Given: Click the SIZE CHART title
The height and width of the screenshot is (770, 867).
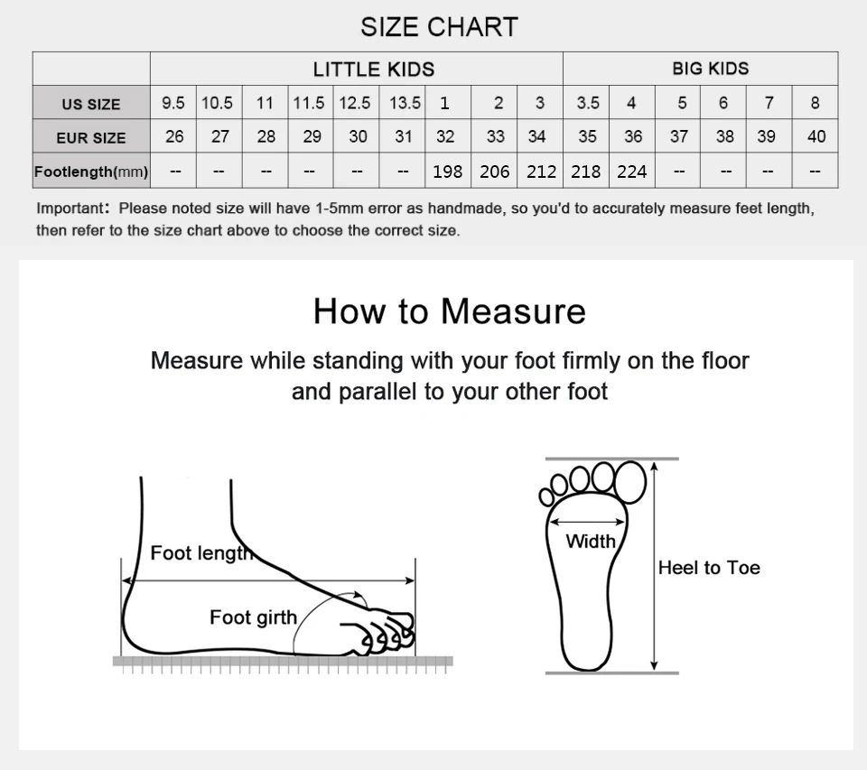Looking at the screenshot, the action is tap(440, 27).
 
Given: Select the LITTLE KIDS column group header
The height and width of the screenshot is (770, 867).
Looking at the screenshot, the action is tap(374, 70).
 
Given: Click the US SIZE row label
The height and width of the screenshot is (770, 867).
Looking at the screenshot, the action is tap(91, 104).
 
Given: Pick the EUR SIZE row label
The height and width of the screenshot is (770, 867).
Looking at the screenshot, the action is tap(91, 137).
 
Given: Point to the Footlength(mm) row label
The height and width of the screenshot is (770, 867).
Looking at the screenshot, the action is tap(91, 172).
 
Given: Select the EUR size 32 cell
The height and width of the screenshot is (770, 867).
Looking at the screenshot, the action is tap(445, 136).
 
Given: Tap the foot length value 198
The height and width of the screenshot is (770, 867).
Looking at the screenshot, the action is tap(447, 172).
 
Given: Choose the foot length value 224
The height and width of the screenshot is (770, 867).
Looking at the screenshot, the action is tap(632, 172).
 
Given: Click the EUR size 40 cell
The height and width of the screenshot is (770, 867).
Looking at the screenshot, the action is tap(816, 136).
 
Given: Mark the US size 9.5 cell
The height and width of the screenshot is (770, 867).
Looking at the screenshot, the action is tap(173, 103).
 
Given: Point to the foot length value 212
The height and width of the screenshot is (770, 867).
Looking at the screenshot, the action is tap(541, 172).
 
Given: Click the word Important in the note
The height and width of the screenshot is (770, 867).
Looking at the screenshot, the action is tap(70, 209).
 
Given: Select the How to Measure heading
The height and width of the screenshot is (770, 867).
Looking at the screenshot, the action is tap(450, 311).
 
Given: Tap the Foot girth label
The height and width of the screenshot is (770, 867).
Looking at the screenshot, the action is tap(253, 617).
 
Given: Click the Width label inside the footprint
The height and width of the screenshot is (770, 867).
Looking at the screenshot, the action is tap(591, 541).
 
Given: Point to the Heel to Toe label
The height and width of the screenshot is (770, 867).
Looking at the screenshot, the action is tap(709, 568).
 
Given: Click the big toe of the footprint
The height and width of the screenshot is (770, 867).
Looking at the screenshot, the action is tap(629, 482).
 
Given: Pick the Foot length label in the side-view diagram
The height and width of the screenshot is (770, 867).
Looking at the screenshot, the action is tap(201, 552).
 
